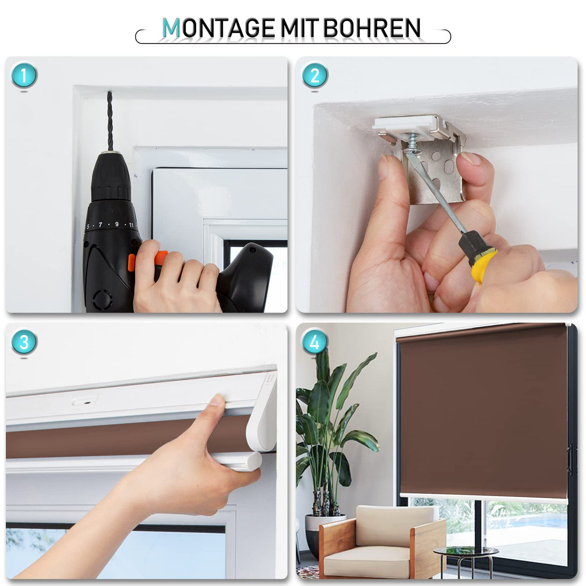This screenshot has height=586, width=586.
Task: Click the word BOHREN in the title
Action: tap(372, 28)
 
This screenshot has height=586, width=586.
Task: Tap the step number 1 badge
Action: tap(24, 75)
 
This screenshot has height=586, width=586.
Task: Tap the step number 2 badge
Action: tap(315, 75)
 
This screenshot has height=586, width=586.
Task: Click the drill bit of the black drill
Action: tap(110, 121)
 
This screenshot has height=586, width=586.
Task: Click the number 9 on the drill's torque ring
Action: tap(117, 224)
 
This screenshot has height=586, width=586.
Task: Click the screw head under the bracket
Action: tap(409, 149)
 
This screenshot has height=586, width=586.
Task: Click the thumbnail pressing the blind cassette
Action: tap(217, 399)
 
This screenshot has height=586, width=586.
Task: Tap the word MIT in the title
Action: tap(299, 28)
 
